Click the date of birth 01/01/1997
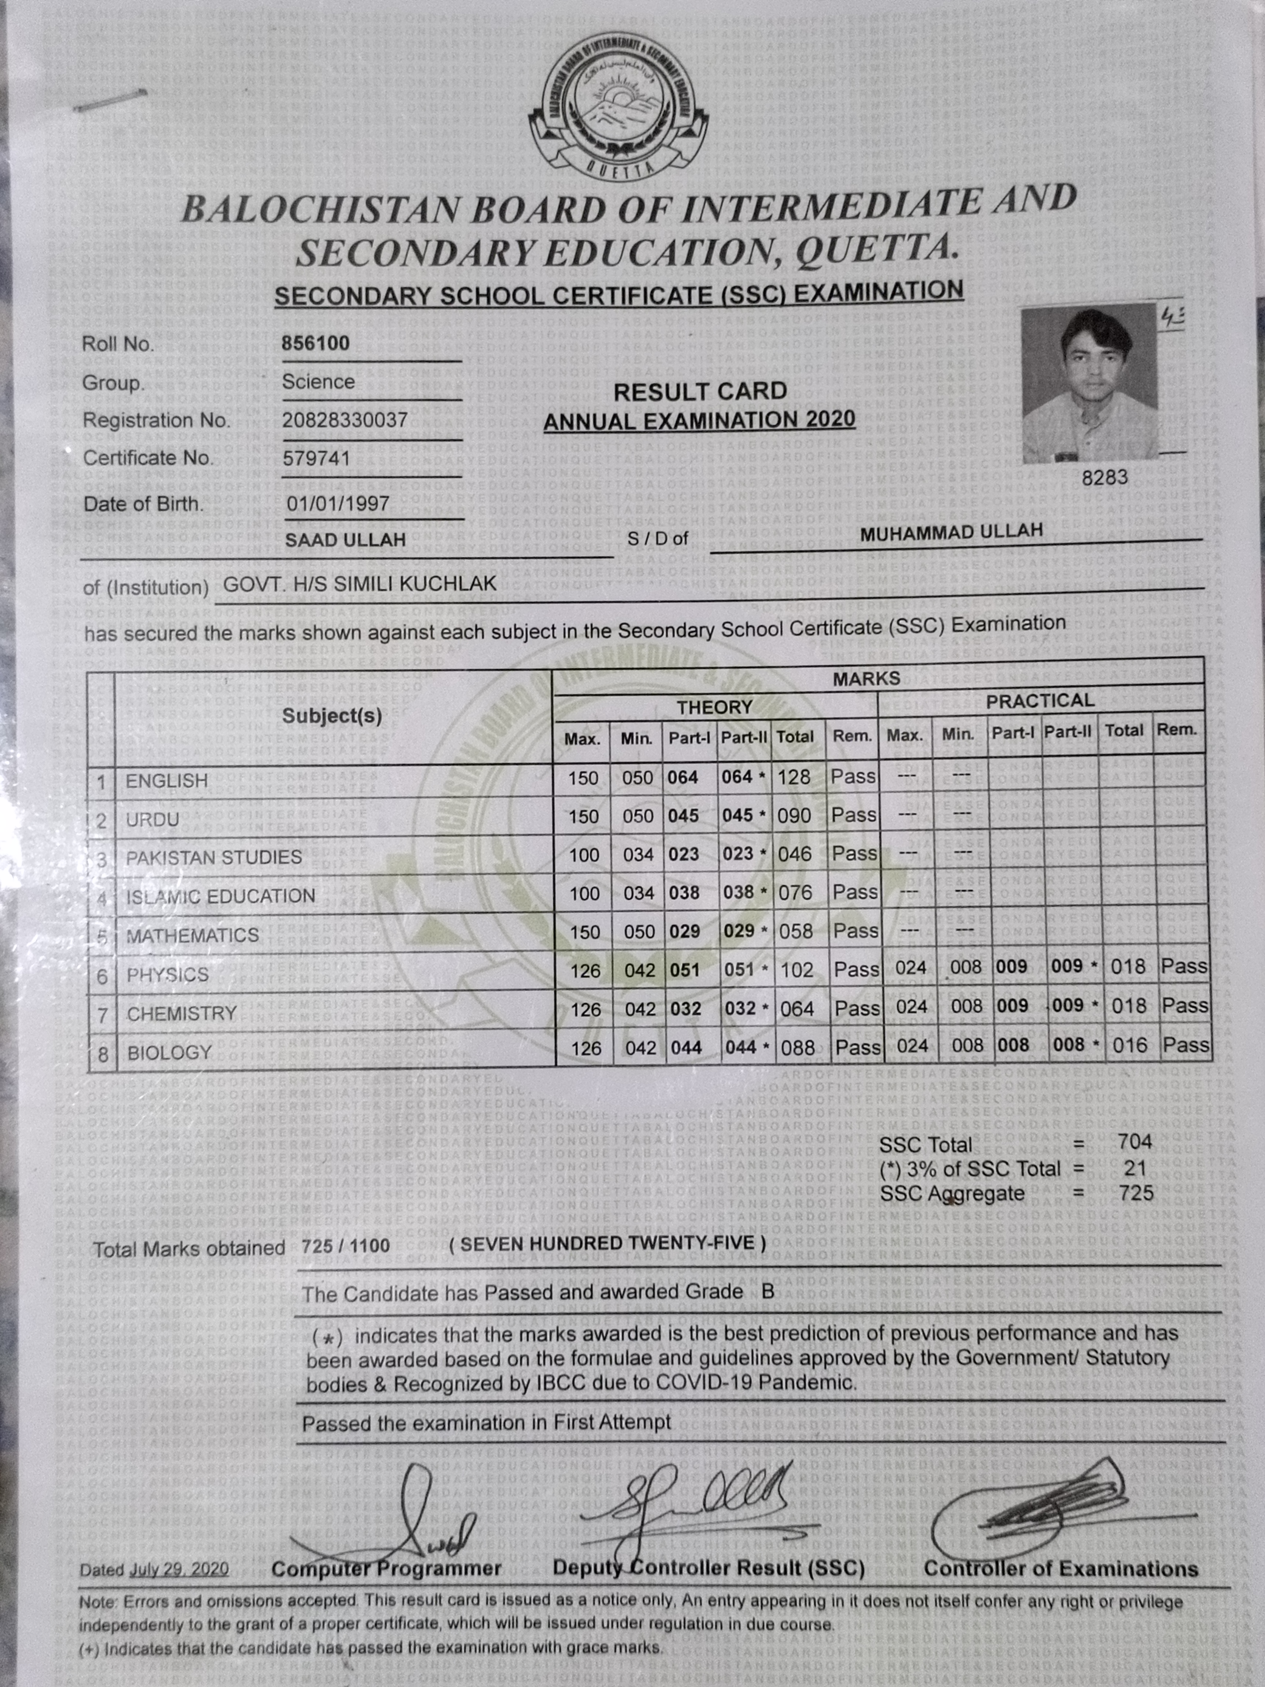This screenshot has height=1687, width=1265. [338, 504]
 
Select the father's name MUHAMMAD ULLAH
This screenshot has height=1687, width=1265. [951, 532]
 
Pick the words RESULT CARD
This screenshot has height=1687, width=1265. [700, 392]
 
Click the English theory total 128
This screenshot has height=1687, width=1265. [794, 777]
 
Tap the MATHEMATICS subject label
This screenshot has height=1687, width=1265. [192, 936]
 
